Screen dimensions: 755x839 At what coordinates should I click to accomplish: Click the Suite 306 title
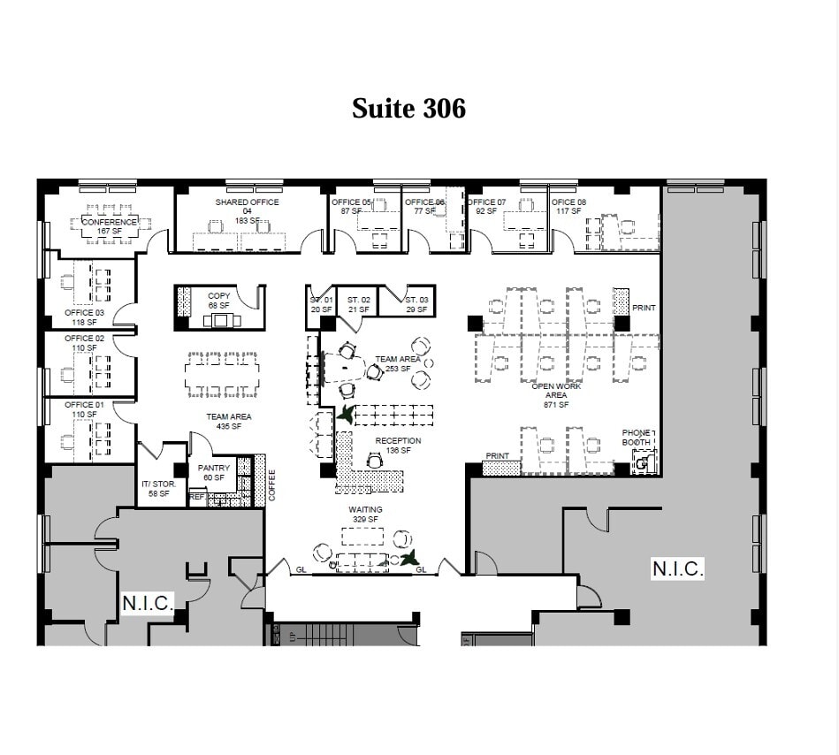coord(408,109)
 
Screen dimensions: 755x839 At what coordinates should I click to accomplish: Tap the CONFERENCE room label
coord(110,222)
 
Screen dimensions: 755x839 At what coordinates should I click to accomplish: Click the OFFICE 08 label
coord(568,202)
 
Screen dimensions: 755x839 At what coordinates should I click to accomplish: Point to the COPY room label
coord(218,296)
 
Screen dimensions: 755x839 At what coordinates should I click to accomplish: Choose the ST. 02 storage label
coord(358,301)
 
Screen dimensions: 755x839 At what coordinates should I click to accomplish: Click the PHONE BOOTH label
coord(636,437)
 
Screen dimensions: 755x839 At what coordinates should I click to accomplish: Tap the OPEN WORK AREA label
coord(556,391)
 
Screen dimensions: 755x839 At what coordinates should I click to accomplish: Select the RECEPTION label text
coord(398,440)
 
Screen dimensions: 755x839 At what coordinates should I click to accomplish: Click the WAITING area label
coord(365,510)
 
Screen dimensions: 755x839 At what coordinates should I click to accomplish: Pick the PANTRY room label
coord(214,469)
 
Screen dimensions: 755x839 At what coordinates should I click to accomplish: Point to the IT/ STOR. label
coord(159,484)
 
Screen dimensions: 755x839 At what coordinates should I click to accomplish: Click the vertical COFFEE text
coord(272,485)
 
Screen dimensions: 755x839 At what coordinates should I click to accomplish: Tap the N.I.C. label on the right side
coord(677,569)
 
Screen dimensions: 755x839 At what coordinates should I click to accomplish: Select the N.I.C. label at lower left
coord(148,602)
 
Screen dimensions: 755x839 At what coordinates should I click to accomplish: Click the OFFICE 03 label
coord(84,313)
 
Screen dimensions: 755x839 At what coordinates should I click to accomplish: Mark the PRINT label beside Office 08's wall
coord(644,308)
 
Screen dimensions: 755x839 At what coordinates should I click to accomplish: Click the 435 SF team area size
coord(229,426)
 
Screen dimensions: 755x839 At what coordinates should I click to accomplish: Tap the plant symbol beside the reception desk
coord(345,413)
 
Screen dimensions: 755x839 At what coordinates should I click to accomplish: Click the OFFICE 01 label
coord(84,405)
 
